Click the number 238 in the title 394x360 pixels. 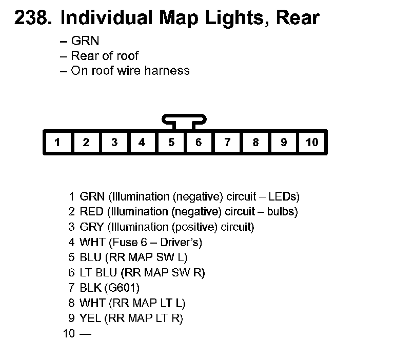[x=32, y=18]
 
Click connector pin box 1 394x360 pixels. [x=57, y=143]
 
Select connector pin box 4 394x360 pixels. [x=142, y=143]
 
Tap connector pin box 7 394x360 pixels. [x=227, y=143]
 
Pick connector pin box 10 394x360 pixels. [x=311, y=143]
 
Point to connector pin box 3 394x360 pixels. [x=114, y=143]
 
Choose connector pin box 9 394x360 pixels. [x=284, y=143]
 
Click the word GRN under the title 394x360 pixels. [x=85, y=41]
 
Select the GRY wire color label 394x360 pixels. [x=92, y=227]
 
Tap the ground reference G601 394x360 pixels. [x=123, y=288]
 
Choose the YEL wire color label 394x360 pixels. [x=90, y=318]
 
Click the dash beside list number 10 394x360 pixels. [x=85, y=334]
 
